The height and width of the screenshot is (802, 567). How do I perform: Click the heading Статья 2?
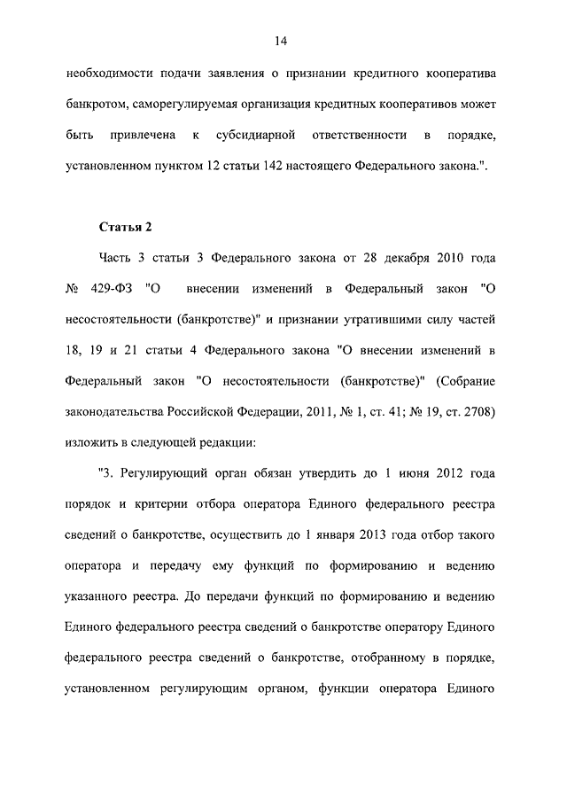(x=126, y=227)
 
